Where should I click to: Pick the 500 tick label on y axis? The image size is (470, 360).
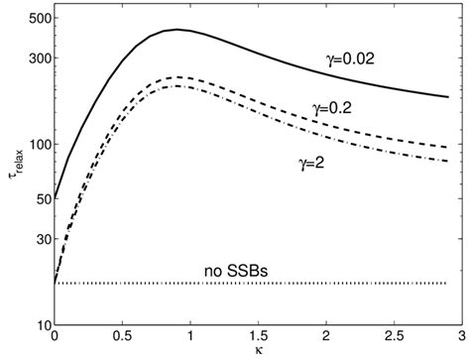click(37, 20)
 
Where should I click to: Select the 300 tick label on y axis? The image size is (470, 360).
click(37, 59)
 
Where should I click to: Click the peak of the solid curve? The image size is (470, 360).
click(176, 30)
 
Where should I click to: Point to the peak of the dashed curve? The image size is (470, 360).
click(176, 77)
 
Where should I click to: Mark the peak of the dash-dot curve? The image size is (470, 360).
click(176, 86)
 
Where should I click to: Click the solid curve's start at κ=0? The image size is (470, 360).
click(55, 198)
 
